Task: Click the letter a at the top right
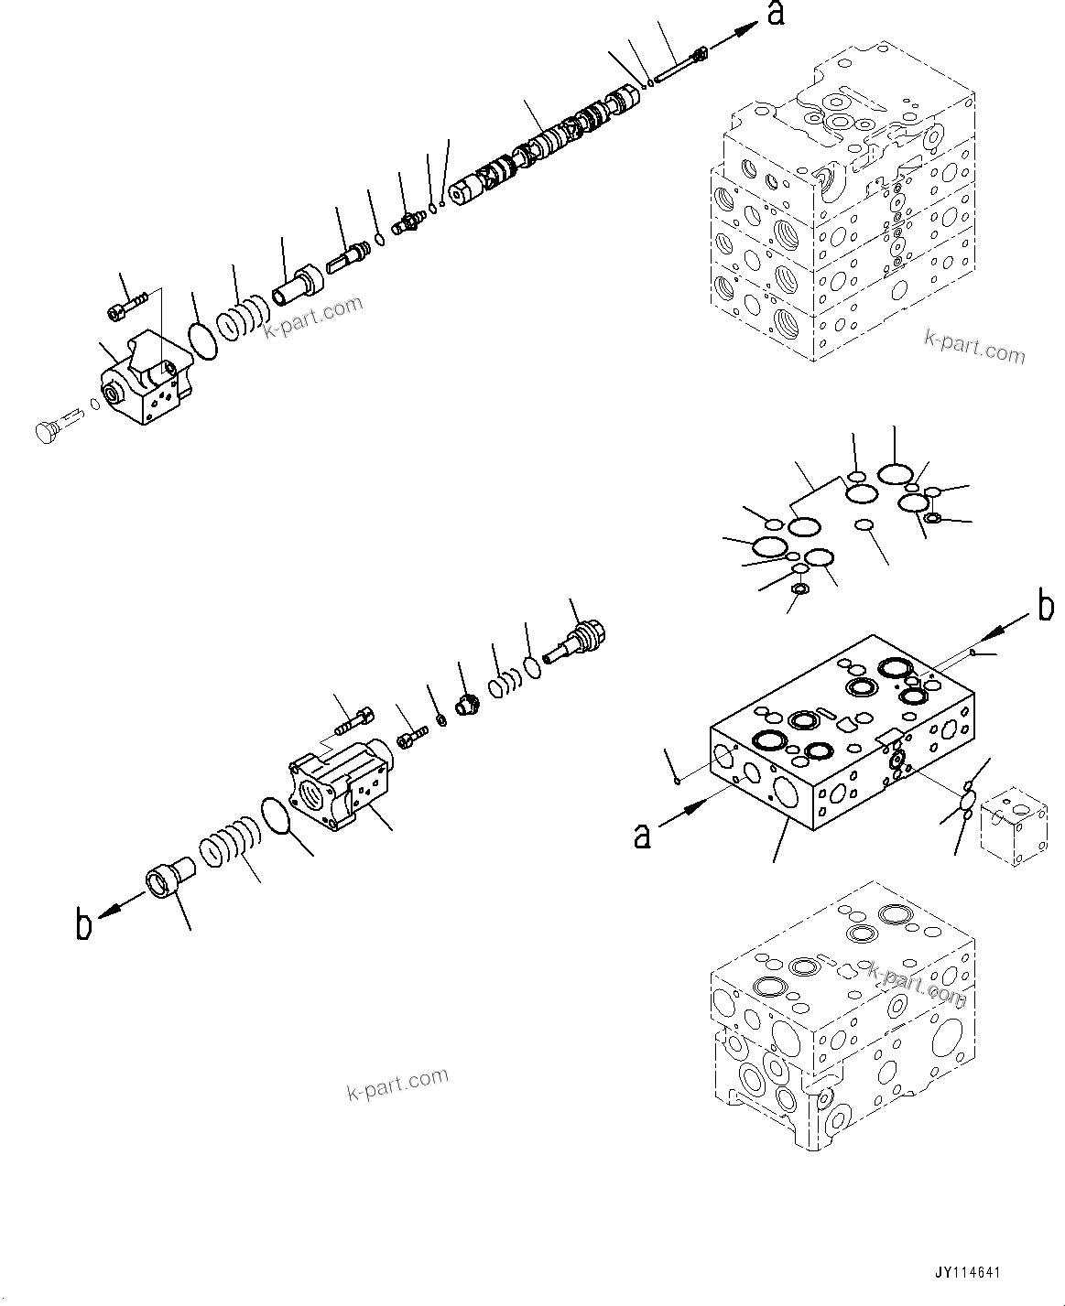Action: [776, 16]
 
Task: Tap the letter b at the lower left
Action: [83, 925]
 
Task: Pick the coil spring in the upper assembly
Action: [242, 319]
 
